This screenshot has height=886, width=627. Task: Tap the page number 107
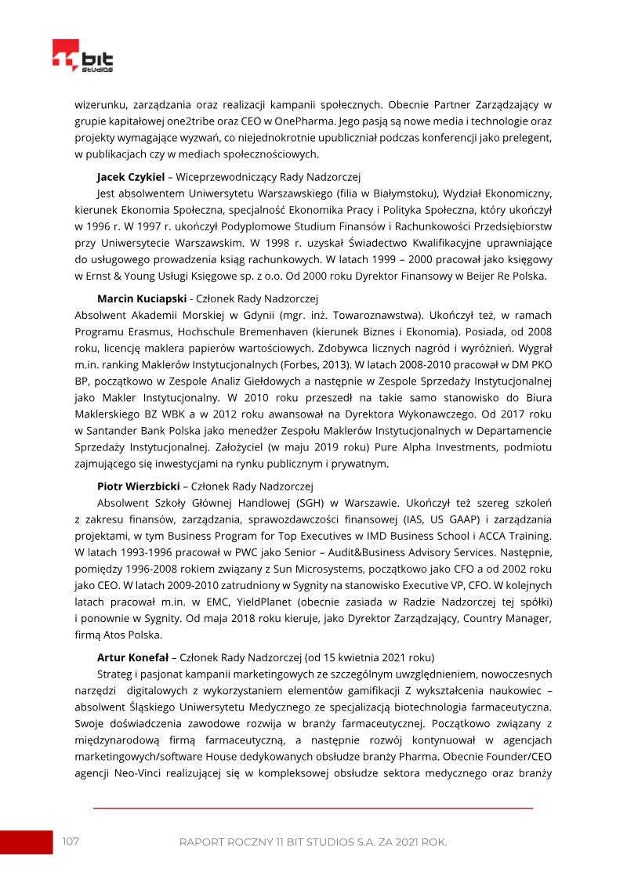tap(71, 841)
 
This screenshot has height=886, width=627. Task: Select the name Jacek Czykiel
tap(130, 178)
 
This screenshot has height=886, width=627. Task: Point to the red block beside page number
tap(25, 841)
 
